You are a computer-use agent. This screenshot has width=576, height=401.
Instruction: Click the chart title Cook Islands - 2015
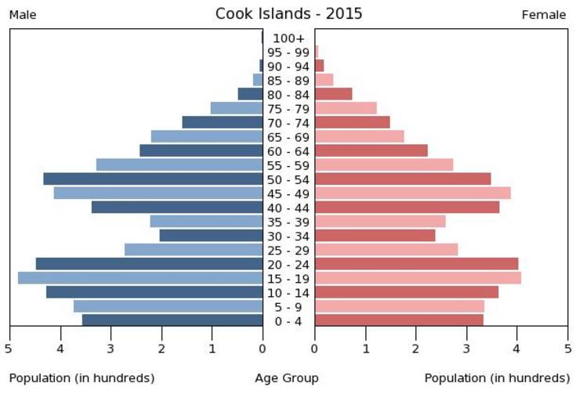point(288,13)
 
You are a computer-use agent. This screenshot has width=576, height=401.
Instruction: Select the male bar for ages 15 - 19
point(140,278)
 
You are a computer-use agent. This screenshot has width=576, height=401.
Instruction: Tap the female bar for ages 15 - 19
point(418,278)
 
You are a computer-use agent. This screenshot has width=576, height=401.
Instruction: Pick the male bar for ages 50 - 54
point(153,179)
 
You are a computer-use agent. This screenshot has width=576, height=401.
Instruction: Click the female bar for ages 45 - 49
point(412,193)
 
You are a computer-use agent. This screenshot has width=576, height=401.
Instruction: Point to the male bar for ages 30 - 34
point(211,236)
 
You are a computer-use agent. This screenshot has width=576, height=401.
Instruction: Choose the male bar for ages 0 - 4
point(172,320)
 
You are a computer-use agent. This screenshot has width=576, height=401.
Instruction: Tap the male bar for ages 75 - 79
point(237,108)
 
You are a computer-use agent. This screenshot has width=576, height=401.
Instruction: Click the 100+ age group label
point(288,38)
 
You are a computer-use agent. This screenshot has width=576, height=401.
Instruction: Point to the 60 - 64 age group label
point(288,151)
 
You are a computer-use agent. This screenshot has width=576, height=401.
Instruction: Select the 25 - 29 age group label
point(288,251)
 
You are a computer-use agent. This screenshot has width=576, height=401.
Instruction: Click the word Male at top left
point(23,15)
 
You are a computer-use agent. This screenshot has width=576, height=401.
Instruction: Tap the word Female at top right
point(543,15)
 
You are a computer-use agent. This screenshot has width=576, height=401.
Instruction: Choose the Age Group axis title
point(287,378)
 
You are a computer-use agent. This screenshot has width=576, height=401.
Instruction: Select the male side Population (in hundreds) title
point(82,378)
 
